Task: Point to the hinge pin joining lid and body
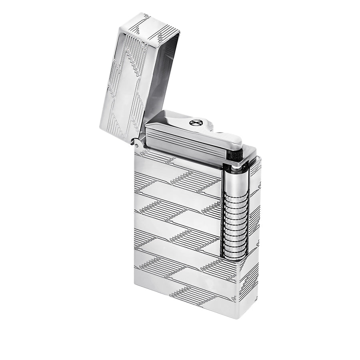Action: [x=137, y=142]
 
